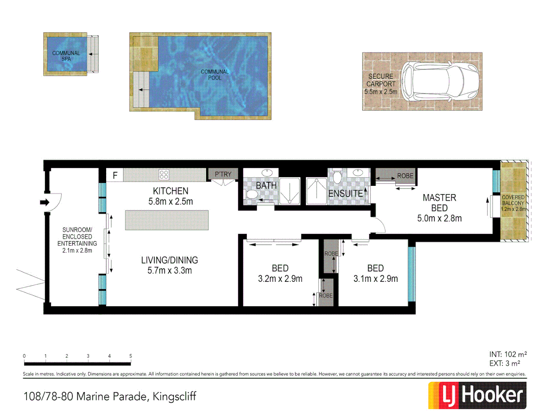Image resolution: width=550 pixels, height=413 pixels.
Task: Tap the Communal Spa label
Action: [66, 56]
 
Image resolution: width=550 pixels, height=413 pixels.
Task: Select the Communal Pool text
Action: [215, 75]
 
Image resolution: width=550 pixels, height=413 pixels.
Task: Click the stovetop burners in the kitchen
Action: [164, 175]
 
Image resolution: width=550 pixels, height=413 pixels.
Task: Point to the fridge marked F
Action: [115, 176]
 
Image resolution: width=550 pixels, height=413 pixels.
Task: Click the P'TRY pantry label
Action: [223, 174]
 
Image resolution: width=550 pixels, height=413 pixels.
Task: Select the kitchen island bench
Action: [167, 220]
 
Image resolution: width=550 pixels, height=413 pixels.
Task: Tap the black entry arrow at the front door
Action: [45, 202]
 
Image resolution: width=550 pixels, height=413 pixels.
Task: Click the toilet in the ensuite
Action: [337, 177]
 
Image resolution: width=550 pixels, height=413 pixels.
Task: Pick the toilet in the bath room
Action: [252, 194]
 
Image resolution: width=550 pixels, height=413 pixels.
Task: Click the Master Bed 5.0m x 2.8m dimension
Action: [439, 218]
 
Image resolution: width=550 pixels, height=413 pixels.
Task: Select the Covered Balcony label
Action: [513, 203]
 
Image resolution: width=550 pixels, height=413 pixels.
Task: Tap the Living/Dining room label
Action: [170, 265]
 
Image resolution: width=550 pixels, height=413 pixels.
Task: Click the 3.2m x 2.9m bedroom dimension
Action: [280, 279]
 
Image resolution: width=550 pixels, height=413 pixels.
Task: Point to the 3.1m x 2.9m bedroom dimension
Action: [375, 279]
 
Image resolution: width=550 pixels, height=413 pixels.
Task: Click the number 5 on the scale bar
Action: [131, 356]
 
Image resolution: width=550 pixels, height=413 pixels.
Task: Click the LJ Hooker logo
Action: [477, 395]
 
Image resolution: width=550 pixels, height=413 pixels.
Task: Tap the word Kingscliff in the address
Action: [174, 397]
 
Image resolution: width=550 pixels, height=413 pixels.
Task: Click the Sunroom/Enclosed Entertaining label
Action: [77, 240]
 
